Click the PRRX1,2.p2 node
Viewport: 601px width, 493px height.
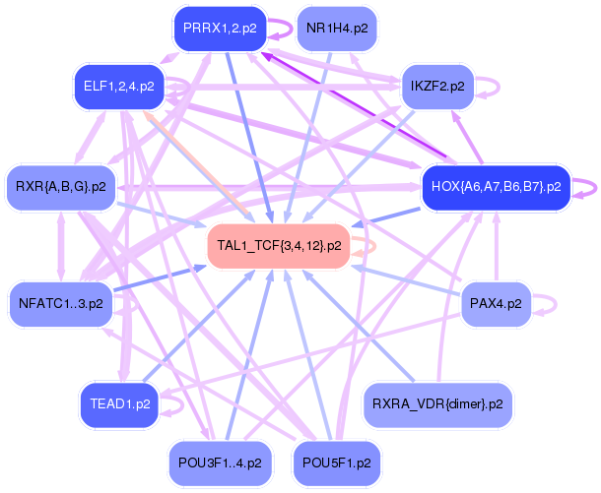[x=220, y=29]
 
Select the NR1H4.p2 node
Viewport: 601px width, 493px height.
[x=337, y=29]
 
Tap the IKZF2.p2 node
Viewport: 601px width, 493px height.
[x=437, y=87]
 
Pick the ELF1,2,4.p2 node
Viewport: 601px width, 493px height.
[x=119, y=87]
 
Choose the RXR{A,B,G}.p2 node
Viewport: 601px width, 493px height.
[x=61, y=187]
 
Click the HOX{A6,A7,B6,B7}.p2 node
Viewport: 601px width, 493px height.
[x=497, y=187]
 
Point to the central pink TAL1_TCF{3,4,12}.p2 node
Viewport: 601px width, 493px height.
[x=279, y=246]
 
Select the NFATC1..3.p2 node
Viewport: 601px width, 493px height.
[x=61, y=304]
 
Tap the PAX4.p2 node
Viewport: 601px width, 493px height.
[x=496, y=304]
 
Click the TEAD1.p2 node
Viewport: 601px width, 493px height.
[x=120, y=404]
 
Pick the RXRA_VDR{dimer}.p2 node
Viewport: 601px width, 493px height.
[x=437, y=404]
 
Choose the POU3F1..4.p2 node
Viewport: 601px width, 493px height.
[x=220, y=463]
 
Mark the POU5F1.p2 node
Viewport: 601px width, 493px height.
[x=337, y=463]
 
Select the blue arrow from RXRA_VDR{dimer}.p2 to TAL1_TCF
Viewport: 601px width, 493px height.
[x=361, y=326]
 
